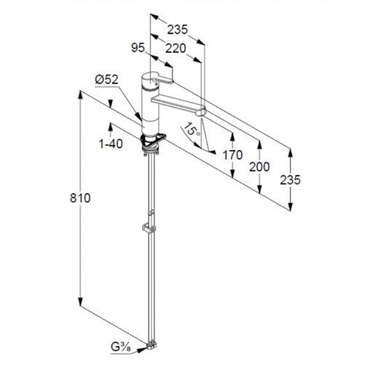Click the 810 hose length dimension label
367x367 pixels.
(x=80, y=198)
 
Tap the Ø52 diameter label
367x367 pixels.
(x=106, y=79)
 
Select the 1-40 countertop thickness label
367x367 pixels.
(x=111, y=144)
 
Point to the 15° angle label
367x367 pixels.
(x=192, y=129)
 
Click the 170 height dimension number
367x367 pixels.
(x=232, y=155)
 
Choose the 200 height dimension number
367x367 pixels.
(x=259, y=167)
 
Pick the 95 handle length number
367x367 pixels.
(x=138, y=48)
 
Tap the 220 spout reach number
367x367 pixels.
(x=175, y=49)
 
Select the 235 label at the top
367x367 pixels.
(x=178, y=30)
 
